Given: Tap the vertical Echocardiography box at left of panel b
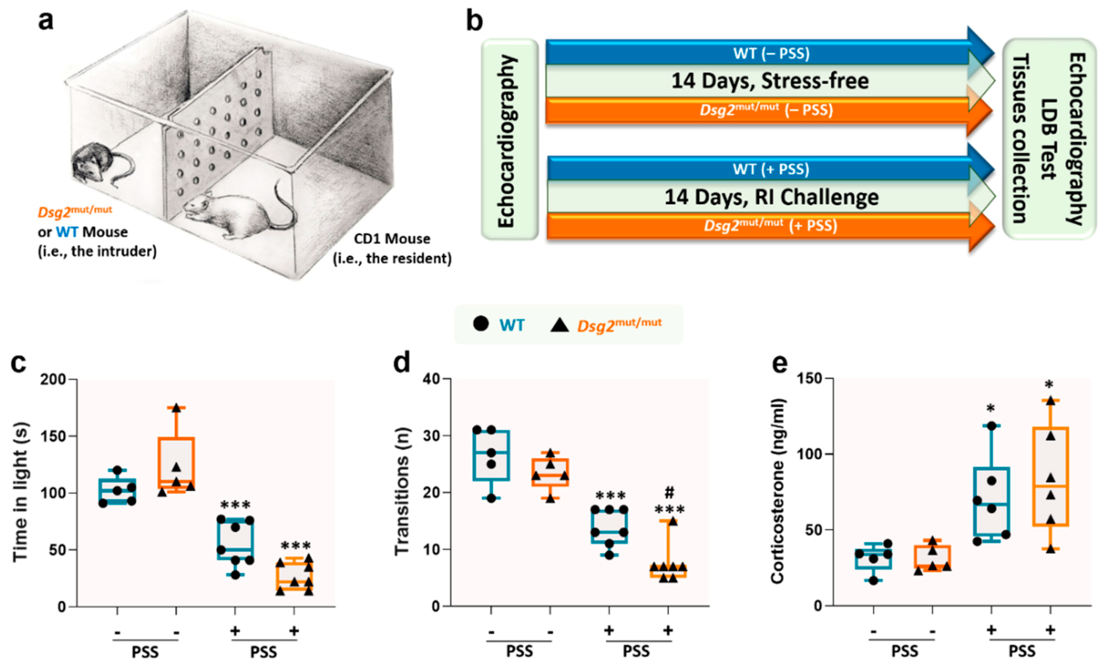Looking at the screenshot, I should coord(509,140).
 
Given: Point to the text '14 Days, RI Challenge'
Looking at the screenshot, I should coord(771,197).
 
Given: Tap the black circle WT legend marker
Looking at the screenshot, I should coord(480,323).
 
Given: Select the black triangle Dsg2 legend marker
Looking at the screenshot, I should coord(559,324).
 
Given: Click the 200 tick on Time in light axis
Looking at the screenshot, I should coord(53,379).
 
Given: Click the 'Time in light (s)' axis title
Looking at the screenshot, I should coord(20,492).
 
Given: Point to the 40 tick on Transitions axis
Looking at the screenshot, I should coord(431,379).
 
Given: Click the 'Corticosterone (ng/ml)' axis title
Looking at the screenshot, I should coord(778,492).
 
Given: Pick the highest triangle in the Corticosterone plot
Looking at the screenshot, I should coord(1050,400).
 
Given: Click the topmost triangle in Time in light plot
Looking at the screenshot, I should coord(176,408).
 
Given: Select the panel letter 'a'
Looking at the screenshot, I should coord(46,21).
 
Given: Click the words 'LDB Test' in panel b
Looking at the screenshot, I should coord(1048,139).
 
